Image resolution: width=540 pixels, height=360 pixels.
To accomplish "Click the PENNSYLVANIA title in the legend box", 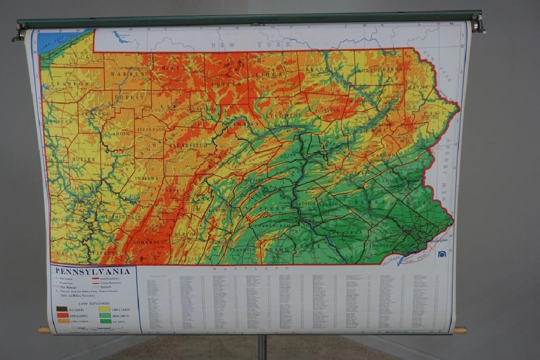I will click(x=93, y=271).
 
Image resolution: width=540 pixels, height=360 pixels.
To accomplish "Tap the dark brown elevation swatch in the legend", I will click(x=62, y=309).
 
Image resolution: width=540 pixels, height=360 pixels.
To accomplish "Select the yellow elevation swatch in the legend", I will click(x=105, y=309).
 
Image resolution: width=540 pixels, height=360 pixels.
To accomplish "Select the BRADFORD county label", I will click(x=324, y=69).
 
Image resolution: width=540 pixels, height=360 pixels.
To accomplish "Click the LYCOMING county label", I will click(x=284, y=115).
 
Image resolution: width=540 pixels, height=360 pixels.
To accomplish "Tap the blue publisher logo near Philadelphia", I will click(x=442, y=254).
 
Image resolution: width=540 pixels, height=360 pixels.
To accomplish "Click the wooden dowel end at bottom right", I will click(x=460, y=330).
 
